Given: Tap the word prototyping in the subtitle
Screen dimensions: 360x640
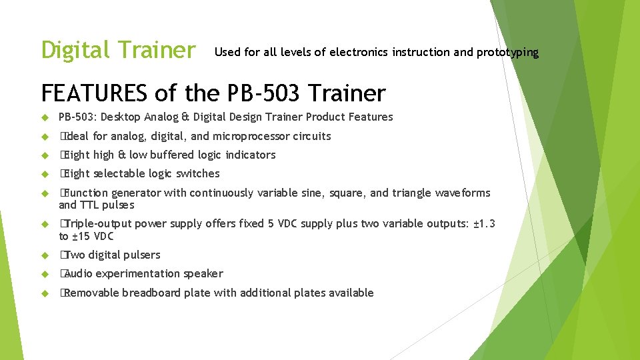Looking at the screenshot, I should [x=507, y=52].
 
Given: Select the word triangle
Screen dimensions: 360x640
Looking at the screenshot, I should [x=411, y=193].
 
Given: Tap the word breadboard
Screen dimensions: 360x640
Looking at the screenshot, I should [x=151, y=293].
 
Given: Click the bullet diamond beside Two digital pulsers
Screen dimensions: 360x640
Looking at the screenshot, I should [x=45, y=255].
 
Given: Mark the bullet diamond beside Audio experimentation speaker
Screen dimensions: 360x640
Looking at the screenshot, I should [x=45, y=274].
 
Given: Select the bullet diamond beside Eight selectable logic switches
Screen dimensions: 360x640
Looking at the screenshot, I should [x=45, y=174].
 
